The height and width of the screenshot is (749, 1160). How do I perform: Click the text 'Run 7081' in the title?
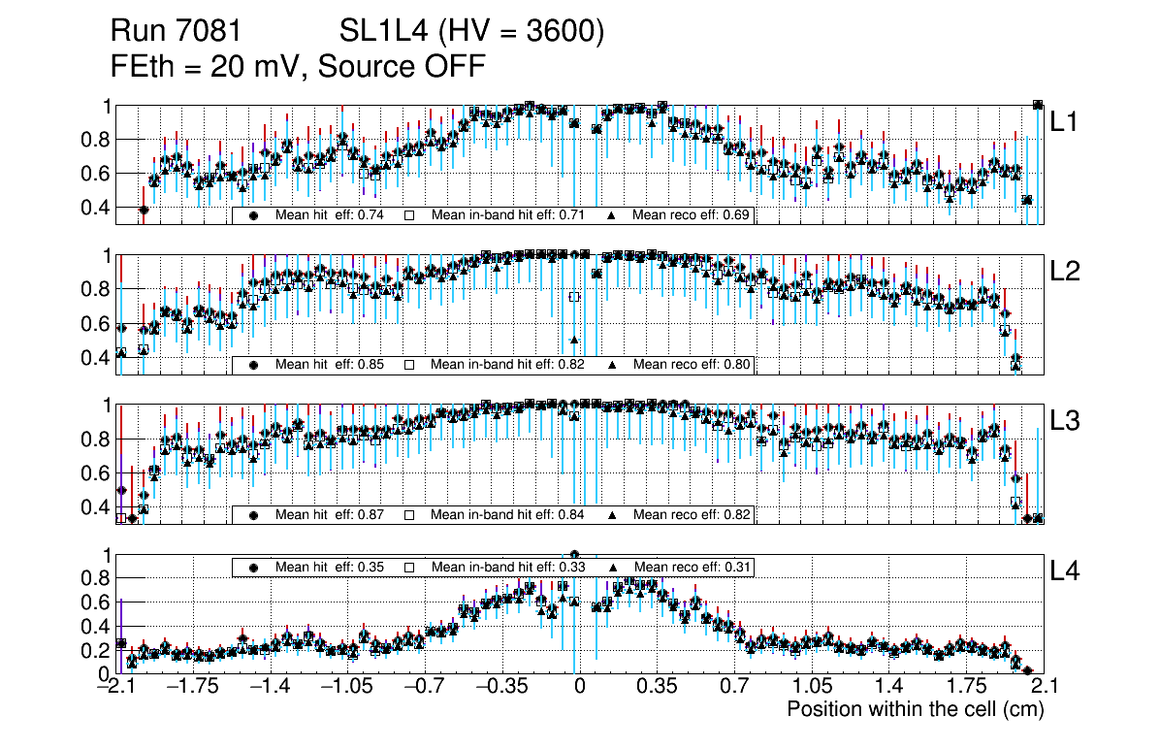click(x=176, y=33)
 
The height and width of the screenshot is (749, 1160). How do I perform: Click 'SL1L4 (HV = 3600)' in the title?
click(x=472, y=33)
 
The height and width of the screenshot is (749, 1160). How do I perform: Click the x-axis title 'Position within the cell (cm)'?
click(x=915, y=709)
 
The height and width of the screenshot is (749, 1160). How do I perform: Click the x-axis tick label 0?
click(x=579, y=687)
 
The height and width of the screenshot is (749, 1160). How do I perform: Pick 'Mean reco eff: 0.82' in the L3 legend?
click(x=692, y=514)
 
